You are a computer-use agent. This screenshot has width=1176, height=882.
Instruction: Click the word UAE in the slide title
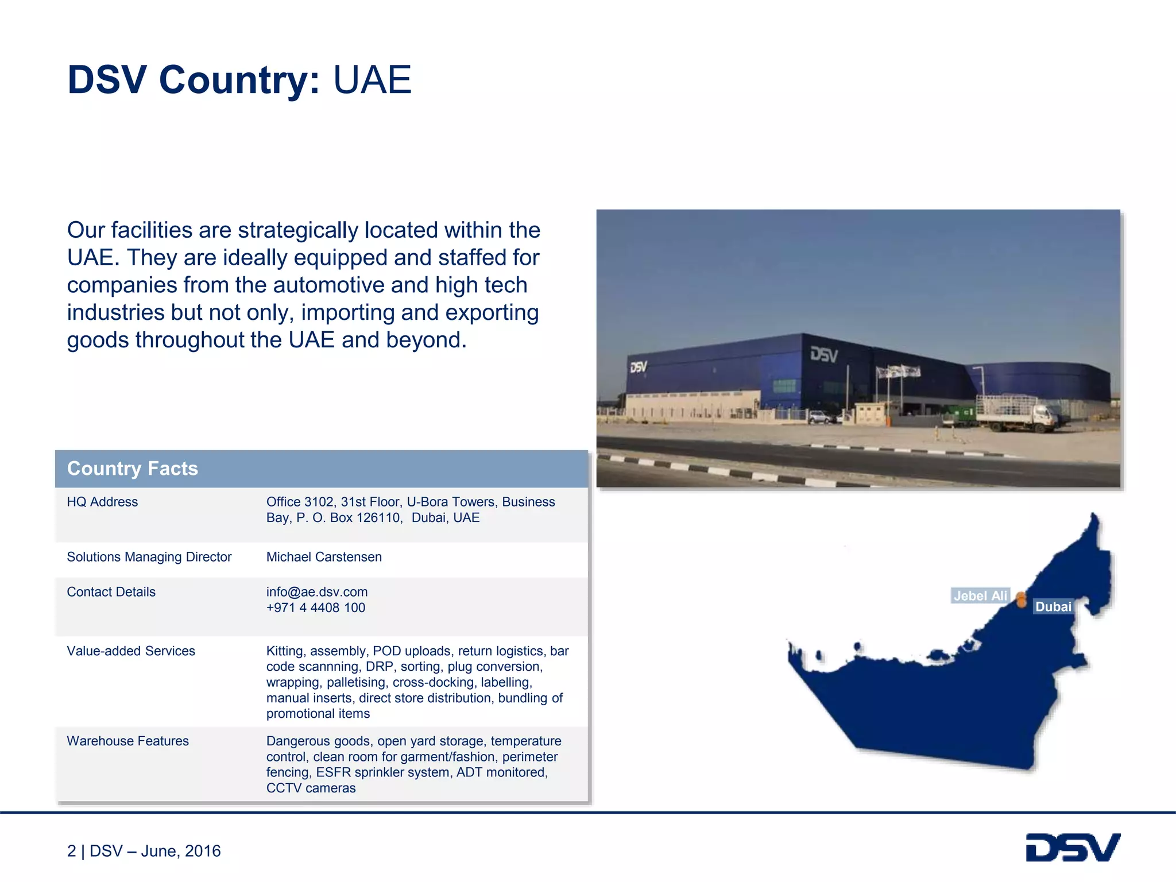click(x=372, y=80)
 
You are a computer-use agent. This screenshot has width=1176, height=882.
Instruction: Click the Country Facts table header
click(x=133, y=469)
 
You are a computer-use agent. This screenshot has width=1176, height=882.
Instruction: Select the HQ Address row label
click(x=102, y=502)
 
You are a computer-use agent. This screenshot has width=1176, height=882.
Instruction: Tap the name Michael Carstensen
click(x=324, y=557)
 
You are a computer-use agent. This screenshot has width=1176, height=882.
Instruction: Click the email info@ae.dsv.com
click(x=317, y=592)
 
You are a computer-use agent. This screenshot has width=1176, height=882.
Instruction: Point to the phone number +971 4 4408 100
click(x=316, y=608)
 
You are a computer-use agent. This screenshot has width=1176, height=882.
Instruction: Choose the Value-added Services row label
click(x=131, y=651)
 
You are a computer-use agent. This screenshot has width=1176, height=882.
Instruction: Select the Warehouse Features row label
click(x=127, y=741)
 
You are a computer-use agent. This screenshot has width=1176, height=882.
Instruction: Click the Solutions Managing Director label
click(x=149, y=557)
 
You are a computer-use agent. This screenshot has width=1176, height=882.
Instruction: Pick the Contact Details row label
click(x=111, y=592)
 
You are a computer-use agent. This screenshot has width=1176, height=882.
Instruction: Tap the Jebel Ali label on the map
click(x=980, y=596)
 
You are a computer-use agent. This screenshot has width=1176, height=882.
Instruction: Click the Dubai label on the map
click(x=1053, y=607)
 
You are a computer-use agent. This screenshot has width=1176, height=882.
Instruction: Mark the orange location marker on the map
click(x=1022, y=599)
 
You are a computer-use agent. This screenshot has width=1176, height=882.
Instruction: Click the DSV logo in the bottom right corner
click(x=1073, y=848)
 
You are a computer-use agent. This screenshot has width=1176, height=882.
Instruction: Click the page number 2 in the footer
click(x=71, y=851)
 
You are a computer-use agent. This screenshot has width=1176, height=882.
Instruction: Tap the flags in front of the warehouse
click(x=899, y=373)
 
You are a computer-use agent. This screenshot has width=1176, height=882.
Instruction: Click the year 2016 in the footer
click(x=203, y=851)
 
